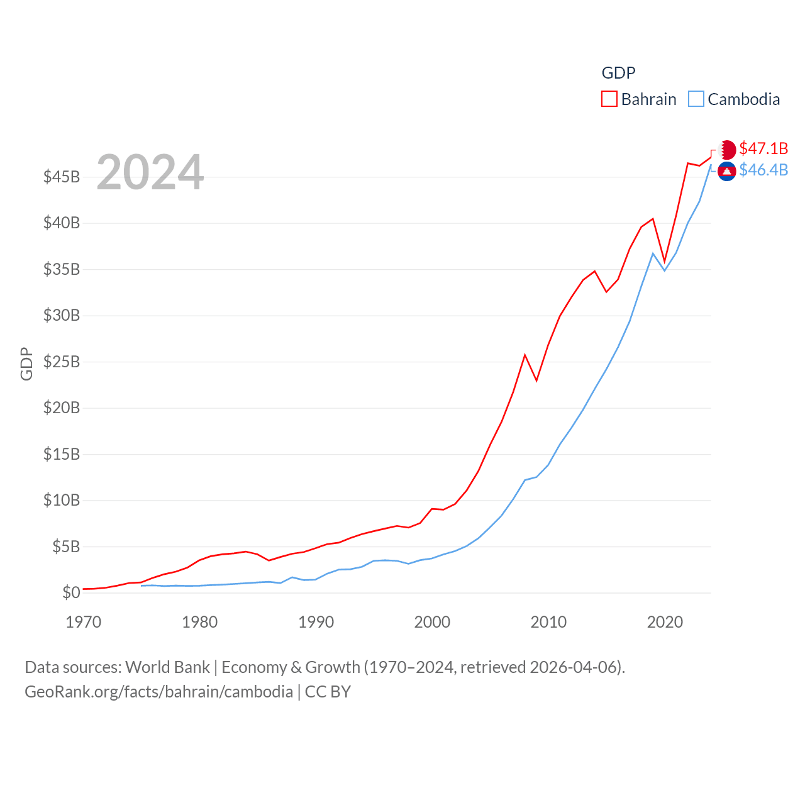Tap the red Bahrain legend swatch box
tap(609, 99)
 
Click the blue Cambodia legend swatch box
tap(696, 99)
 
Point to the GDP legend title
tap(618, 73)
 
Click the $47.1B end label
tap(763, 148)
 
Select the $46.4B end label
tap(763, 170)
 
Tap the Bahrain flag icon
tap(727, 150)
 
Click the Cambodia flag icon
tap(727, 171)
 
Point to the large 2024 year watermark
tap(150, 172)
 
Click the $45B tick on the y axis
tap(62, 177)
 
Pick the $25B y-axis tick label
tap(62, 362)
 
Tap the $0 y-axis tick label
tap(71, 592)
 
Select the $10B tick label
tap(62, 500)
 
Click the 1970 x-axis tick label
tap(84, 622)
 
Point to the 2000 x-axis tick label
tap(432, 622)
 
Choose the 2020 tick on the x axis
tap(665, 622)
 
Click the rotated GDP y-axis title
tap(26, 364)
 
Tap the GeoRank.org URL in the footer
tap(158, 692)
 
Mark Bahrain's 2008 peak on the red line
tap(525, 355)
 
